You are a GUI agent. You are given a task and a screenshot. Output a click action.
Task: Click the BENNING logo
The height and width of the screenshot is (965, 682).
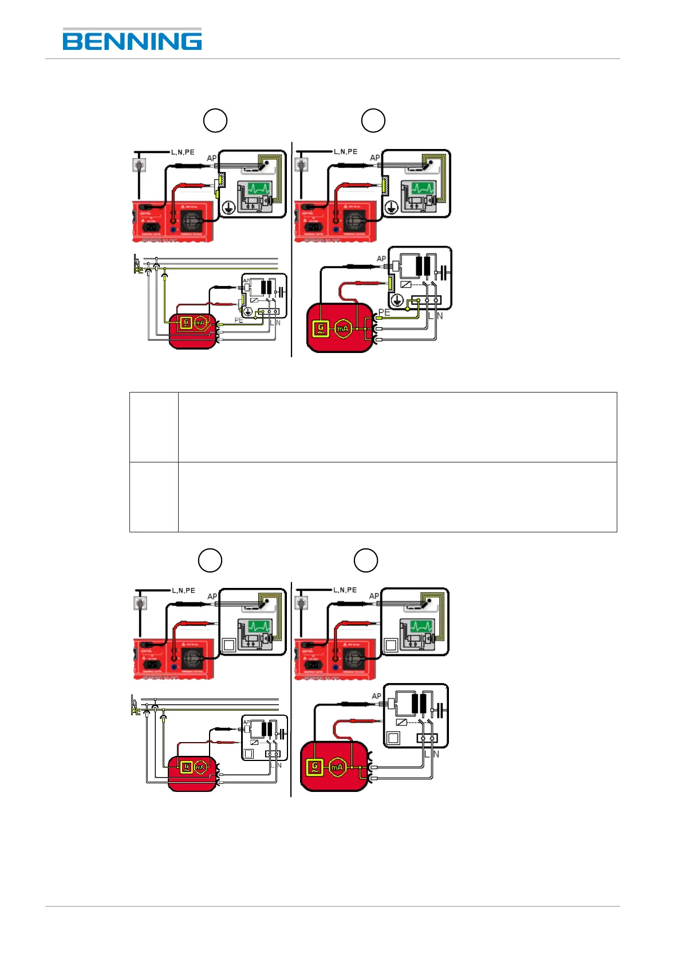[132, 40]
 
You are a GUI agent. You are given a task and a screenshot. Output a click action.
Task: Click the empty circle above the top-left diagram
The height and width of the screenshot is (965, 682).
[215, 120]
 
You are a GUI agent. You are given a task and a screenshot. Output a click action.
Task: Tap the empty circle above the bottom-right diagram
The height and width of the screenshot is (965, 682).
[365, 560]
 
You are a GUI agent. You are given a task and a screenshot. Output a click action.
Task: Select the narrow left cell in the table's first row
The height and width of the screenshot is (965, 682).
[153, 427]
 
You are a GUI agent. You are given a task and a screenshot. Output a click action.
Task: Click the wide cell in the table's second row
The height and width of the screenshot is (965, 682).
[397, 497]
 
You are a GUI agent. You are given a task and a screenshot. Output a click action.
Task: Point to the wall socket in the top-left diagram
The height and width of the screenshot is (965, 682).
[139, 166]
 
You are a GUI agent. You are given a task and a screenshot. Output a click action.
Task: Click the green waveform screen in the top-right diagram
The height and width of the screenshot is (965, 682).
[423, 189]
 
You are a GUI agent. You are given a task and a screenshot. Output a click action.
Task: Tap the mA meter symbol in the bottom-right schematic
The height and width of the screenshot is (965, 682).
[337, 767]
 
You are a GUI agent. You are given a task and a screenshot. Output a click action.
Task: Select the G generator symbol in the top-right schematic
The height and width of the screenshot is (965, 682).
[321, 328]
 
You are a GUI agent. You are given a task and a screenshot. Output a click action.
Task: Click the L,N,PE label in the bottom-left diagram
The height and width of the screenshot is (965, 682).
[183, 590]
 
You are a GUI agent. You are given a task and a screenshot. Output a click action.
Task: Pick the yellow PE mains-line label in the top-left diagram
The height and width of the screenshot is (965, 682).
[138, 270]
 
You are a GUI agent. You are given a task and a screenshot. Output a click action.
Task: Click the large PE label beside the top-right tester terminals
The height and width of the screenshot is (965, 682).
[384, 312]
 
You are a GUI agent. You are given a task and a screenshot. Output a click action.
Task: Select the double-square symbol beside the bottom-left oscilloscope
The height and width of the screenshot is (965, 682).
[228, 645]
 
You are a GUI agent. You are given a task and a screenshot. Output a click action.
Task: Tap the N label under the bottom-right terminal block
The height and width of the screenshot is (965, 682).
[436, 754]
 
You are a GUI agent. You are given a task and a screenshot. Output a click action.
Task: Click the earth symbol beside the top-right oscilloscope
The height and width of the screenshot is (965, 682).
[391, 207]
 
